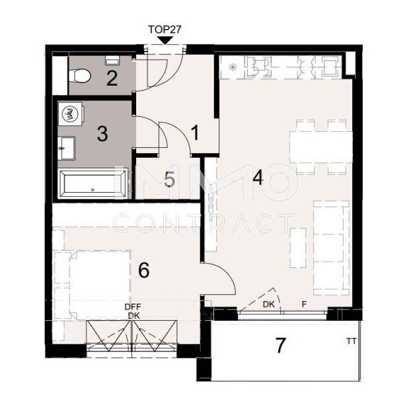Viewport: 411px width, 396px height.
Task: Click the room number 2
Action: click(x=112, y=79)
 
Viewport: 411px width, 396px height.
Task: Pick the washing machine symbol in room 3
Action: click(x=69, y=114)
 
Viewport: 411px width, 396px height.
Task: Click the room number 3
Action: click(x=102, y=134)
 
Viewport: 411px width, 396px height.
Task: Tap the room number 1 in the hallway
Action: click(x=194, y=133)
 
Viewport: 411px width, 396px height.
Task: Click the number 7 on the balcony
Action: click(x=280, y=345)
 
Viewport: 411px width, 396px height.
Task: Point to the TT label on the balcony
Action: click(x=350, y=341)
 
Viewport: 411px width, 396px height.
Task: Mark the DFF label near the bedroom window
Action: click(x=133, y=307)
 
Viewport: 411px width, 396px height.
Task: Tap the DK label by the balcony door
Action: click(x=268, y=305)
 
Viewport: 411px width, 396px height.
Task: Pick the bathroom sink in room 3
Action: click(x=66, y=145)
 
